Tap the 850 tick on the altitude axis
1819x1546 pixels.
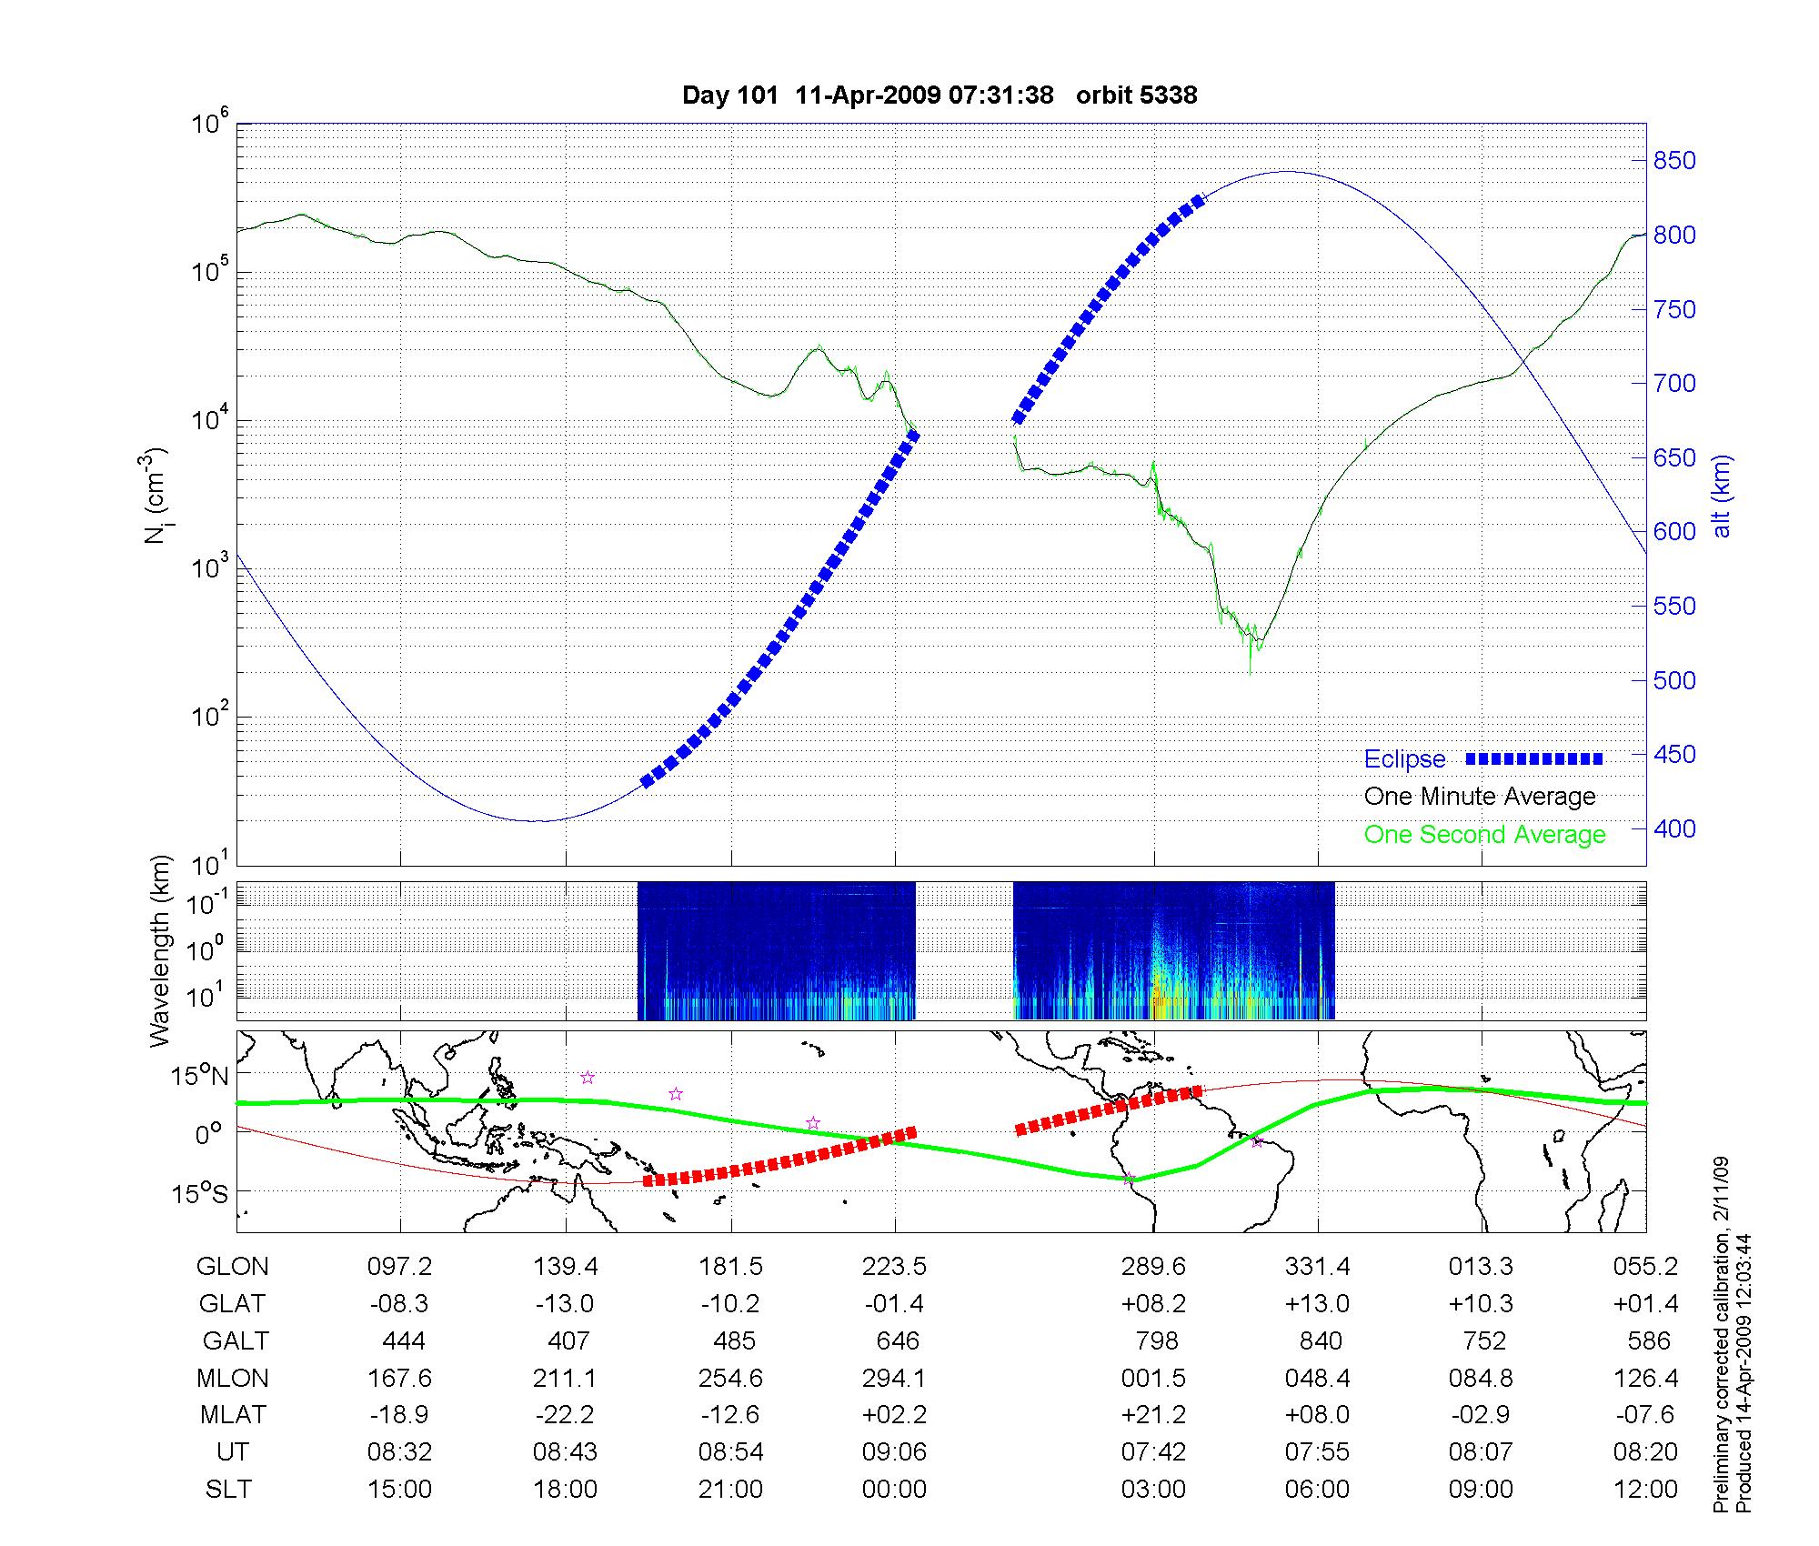point(1673,161)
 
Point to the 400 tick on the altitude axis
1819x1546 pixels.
point(1673,828)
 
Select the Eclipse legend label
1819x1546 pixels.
point(1404,759)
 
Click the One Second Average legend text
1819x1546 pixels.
point(1484,835)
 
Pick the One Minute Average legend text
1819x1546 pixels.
point(1480,797)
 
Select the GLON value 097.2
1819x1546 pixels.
point(399,1266)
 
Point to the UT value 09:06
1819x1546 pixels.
point(894,1451)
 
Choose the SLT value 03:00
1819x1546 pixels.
point(1153,1489)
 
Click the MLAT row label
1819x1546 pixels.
point(233,1415)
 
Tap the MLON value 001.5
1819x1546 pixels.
point(1153,1378)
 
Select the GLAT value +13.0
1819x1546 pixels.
point(1317,1303)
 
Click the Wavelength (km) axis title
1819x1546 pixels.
point(161,950)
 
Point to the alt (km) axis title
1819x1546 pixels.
point(1722,496)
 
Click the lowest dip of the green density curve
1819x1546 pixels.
point(1251,673)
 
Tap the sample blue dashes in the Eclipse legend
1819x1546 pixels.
point(1534,758)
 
